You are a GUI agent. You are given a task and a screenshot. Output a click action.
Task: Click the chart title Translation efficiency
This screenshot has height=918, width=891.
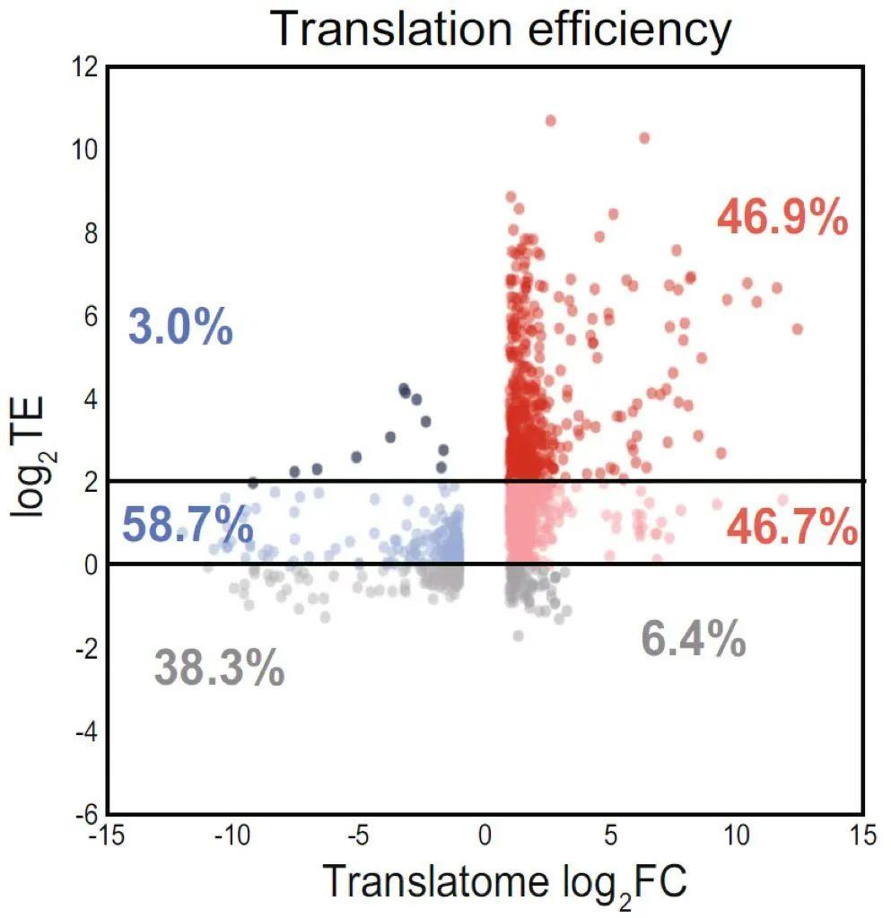coord(501,30)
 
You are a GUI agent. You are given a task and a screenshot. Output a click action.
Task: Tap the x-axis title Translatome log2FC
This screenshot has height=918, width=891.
coord(504,881)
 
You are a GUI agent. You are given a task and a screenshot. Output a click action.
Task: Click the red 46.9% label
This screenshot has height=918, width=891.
coord(782,218)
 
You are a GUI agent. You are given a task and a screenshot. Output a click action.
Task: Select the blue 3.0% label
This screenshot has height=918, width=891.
coord(180,327)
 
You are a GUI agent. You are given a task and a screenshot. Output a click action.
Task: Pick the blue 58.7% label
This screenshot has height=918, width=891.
coord(187,525)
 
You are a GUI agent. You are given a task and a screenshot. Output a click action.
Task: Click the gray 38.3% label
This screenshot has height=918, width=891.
coord(219,669)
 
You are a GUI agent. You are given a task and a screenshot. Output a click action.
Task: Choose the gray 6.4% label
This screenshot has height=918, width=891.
coord(693,640)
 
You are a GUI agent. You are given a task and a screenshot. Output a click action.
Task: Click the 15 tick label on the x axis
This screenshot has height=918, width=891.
coord(862,836)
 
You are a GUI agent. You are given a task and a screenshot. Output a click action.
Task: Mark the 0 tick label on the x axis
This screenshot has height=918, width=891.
coord(485,836)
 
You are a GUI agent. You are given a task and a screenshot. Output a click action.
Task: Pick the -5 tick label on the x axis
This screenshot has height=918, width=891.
coord(357,836)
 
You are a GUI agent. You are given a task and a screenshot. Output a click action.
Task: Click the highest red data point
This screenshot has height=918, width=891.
coord(551,120)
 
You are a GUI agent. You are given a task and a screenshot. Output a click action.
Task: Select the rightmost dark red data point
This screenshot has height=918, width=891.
coord(797,329)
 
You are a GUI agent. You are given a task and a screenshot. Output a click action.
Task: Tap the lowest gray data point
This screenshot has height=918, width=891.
coord(518,635)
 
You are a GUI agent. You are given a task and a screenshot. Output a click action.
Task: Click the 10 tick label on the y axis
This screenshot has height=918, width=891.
coord(84,150)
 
